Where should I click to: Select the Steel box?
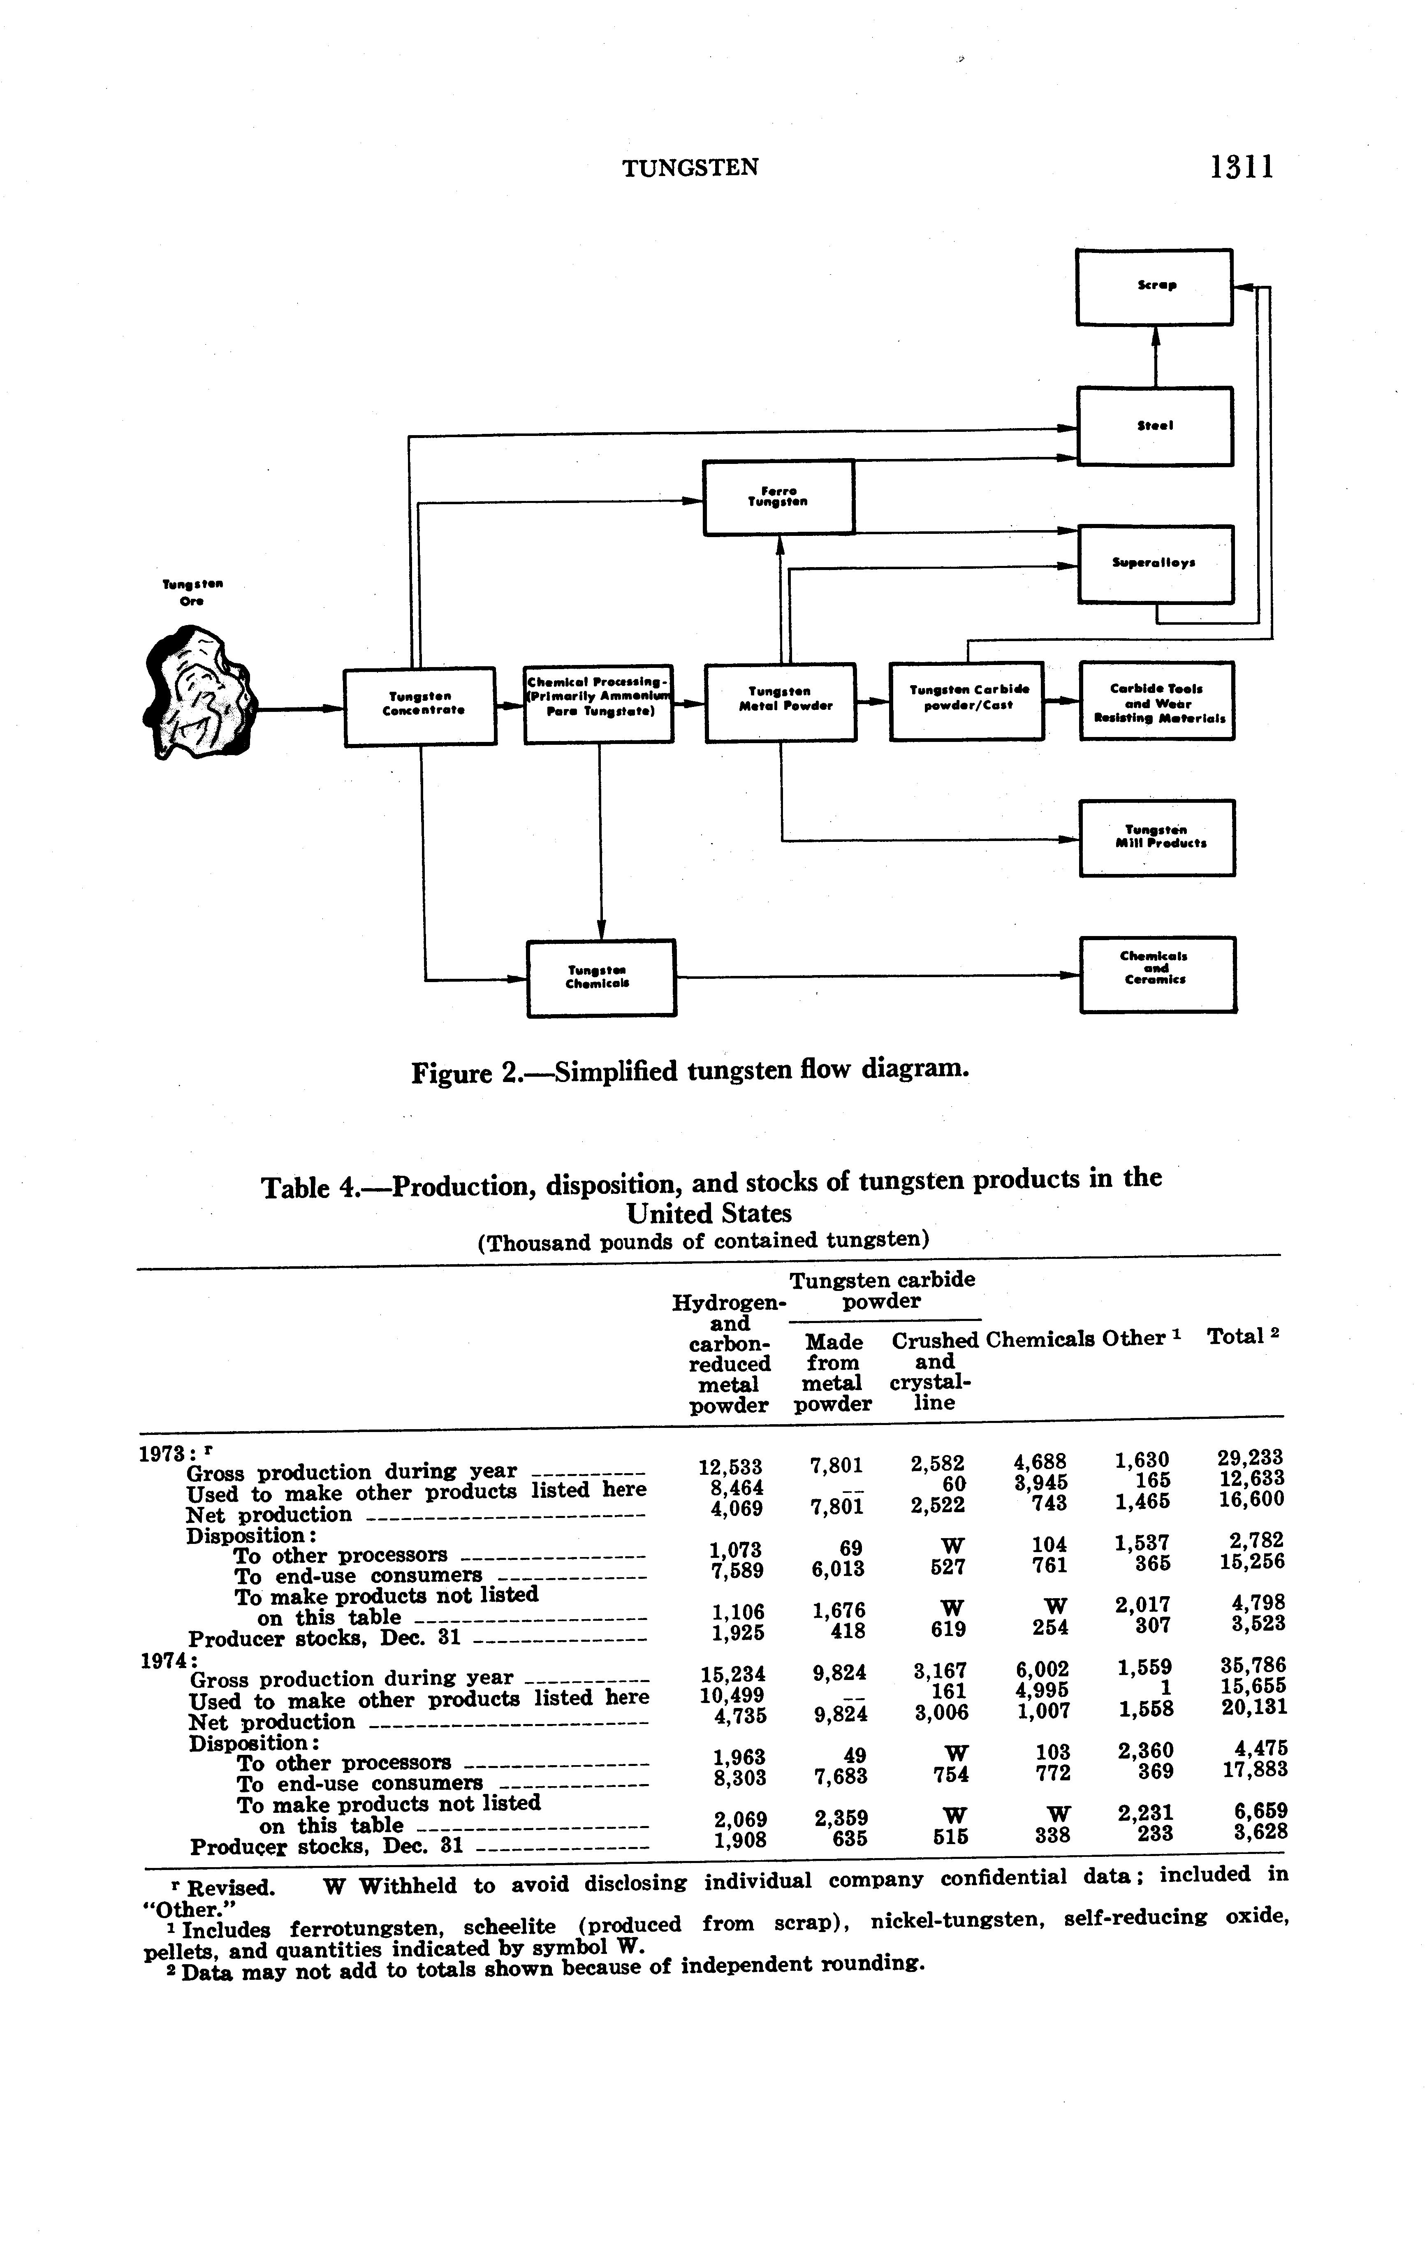point(1154,426)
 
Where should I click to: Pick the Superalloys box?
point(1155,564)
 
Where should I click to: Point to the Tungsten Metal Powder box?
point(780,702)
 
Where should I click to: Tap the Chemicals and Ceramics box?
point(1157,974)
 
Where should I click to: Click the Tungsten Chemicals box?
point(601,978)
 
